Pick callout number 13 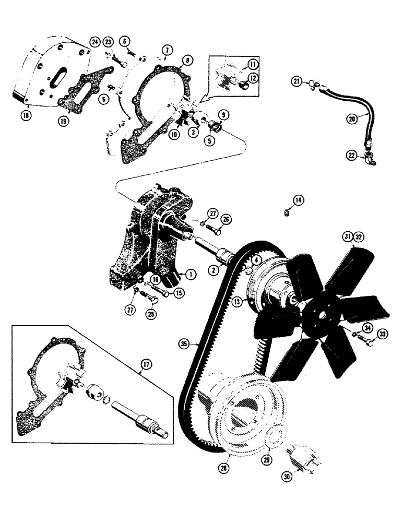(x=238, y=302)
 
